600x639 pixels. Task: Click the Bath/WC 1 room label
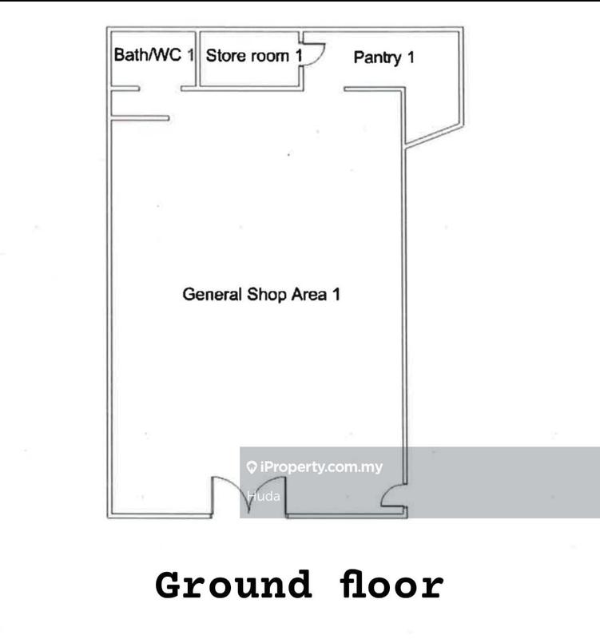pos(153,54)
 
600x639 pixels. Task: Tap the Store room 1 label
pos(254,56)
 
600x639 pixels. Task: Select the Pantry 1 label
pos(384,58)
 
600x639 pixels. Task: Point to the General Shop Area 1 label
pos(261,294)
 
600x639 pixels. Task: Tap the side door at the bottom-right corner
pos(393,495)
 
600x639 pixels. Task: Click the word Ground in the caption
pos(233,585)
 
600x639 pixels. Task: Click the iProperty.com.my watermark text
pos(321,466)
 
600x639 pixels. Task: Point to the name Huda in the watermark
pos(264,496)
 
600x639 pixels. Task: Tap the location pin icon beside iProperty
pos(252,467)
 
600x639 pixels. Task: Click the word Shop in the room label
pos(267,295)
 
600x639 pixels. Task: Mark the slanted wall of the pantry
pos(434,135)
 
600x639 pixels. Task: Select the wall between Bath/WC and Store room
pos(197,58)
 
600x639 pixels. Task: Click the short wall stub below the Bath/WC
pos(141,118)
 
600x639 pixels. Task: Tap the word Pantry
pos(377,58)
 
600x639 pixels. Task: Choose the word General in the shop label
pos(212,294)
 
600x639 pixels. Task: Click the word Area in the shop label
pos(309,295)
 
